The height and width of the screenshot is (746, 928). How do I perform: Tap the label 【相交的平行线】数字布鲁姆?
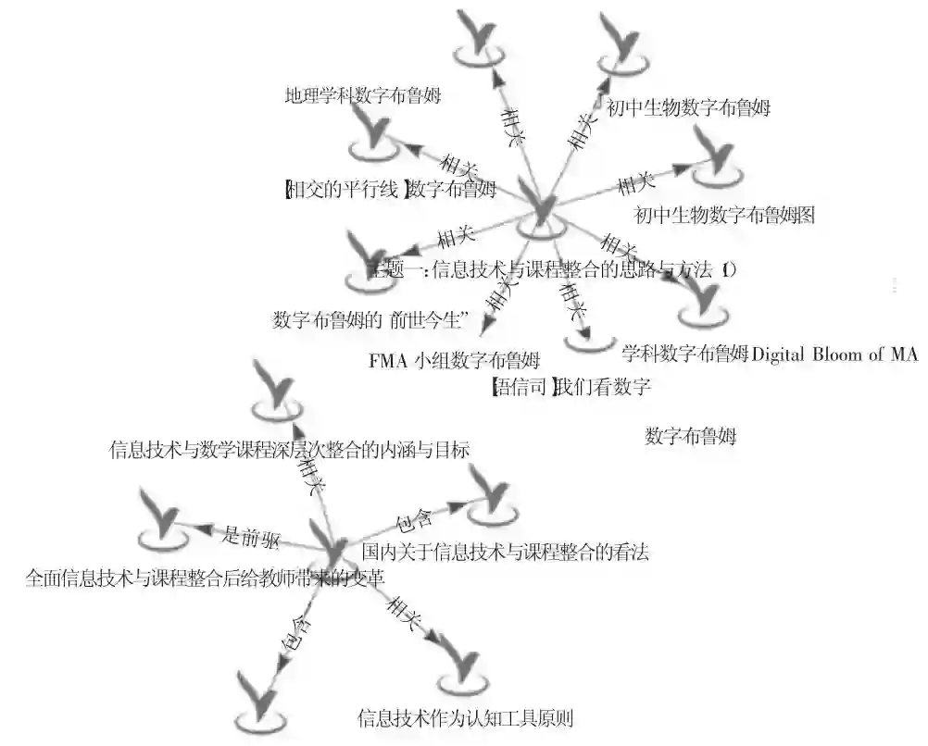tap(389, 191)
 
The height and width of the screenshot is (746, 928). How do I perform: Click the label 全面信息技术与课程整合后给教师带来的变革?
tap(205, 578)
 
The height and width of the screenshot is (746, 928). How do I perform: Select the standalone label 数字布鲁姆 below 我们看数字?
tap(690, 436)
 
